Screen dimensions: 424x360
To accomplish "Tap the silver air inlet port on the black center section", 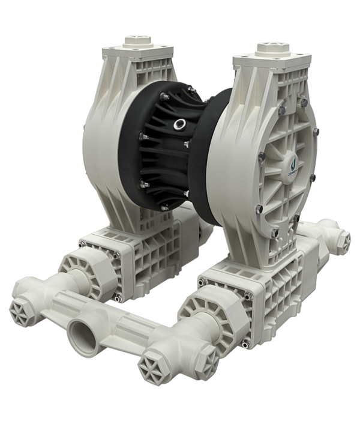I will pos(179,126).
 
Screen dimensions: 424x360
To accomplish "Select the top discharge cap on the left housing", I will pos(137,41).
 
